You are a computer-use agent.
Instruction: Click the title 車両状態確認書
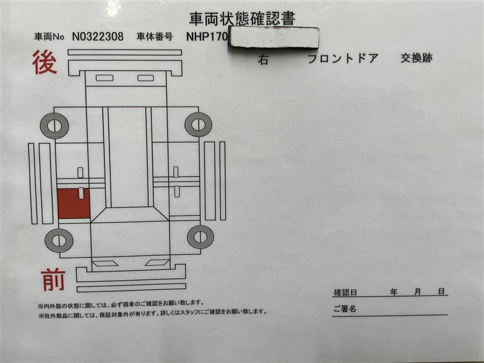pos(243,19)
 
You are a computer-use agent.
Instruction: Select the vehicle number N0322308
pos(97,37)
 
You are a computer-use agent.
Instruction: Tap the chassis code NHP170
pos(207,37)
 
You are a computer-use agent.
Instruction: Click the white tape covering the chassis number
pos(273,38)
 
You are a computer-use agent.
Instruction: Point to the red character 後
pos(45,63)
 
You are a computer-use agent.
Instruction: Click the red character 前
pos(53,280)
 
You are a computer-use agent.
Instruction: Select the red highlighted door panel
pos(73,203)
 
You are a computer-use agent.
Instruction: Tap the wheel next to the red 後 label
pos(54,126)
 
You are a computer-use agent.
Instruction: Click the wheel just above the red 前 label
pos(59,241)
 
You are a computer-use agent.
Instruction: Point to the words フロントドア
pos(343,58)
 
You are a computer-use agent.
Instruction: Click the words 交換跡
pos(417,57)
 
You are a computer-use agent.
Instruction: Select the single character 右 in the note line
pos(263,59)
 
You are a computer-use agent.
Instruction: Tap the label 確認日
pos(345,292)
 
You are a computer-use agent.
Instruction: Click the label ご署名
pos(345,309)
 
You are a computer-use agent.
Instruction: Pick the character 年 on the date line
pos(393,292)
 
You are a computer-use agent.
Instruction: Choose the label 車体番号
pos(155,37)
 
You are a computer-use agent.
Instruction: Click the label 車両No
pos(50,37)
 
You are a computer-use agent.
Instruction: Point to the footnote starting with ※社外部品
pos(152,312)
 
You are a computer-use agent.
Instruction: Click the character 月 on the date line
pos(417,292)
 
